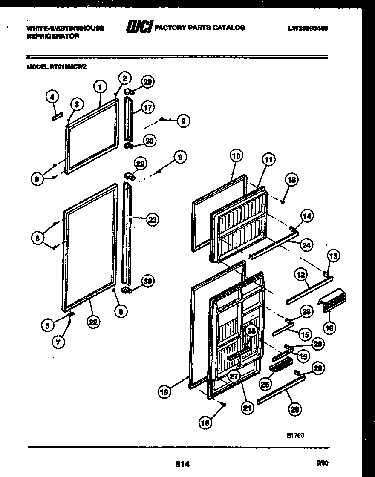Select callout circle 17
148,107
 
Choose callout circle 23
152,220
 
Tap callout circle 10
237,156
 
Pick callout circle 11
268,161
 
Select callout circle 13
334,256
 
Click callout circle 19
165,391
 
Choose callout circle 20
294,409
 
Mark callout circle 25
266,384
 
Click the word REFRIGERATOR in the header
53,37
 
